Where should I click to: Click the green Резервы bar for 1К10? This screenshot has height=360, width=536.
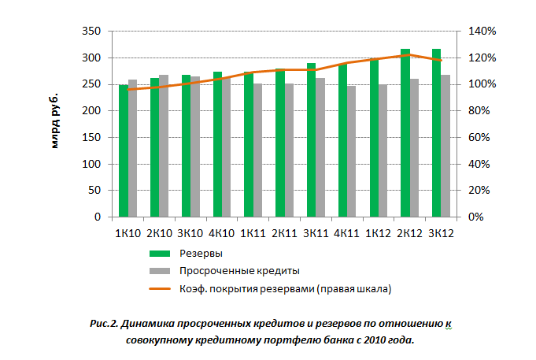tap(124, 150)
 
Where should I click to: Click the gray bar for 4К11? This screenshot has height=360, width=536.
tap(352, 151)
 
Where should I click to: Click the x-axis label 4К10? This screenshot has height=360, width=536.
tap(222, 233)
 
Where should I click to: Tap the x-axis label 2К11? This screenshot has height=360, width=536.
tap(284, 233)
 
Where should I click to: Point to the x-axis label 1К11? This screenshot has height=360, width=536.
tap(253, 233)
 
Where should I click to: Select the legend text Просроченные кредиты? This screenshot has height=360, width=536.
tap(239, 271)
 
